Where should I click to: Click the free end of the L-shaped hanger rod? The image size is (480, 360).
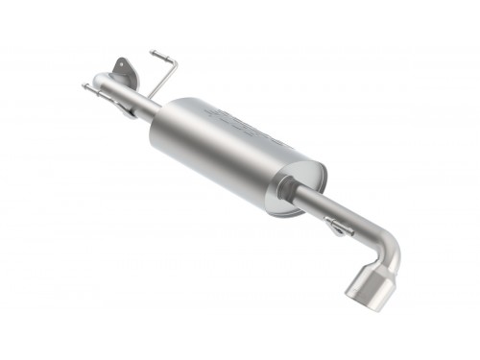click(x=153, y=50)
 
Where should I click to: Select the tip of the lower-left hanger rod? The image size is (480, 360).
click(x=84, y=86)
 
